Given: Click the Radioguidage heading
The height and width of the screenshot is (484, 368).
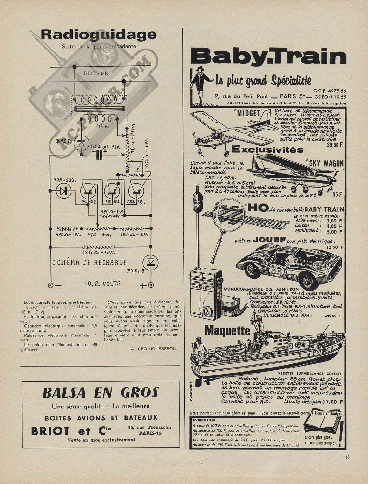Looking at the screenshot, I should [98, 34].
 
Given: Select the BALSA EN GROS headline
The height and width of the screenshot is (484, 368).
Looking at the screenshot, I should [100, 393].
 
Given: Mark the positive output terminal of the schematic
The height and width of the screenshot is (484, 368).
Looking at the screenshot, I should [151, 285].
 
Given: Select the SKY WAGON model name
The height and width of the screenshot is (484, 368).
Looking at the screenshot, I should [324, 163].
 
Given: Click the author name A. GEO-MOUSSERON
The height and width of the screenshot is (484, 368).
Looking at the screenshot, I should [154, 349].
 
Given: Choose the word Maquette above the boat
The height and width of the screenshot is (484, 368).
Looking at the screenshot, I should [227, 331].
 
